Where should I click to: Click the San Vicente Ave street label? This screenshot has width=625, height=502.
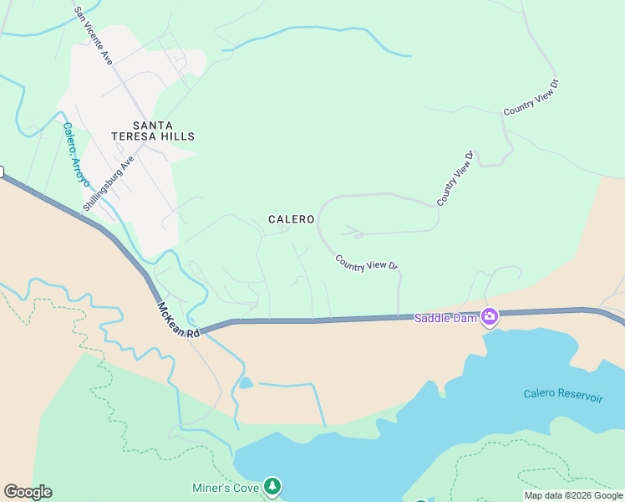[93, 36]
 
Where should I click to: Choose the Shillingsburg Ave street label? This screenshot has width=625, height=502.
[109, 182]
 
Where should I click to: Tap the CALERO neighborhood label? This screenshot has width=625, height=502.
[291, 219]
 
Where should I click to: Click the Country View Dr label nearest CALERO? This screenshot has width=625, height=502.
[367, 263]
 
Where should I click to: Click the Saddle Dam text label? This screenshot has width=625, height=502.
[445, 317]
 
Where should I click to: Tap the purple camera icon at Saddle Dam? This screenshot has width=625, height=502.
[489, 317]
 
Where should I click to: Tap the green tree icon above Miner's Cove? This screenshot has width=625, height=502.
[272, 485]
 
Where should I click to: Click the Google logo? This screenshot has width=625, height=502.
[28, 492]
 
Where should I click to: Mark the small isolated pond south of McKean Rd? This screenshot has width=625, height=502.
[246, 383]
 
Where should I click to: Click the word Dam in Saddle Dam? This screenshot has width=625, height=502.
[465, 317]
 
